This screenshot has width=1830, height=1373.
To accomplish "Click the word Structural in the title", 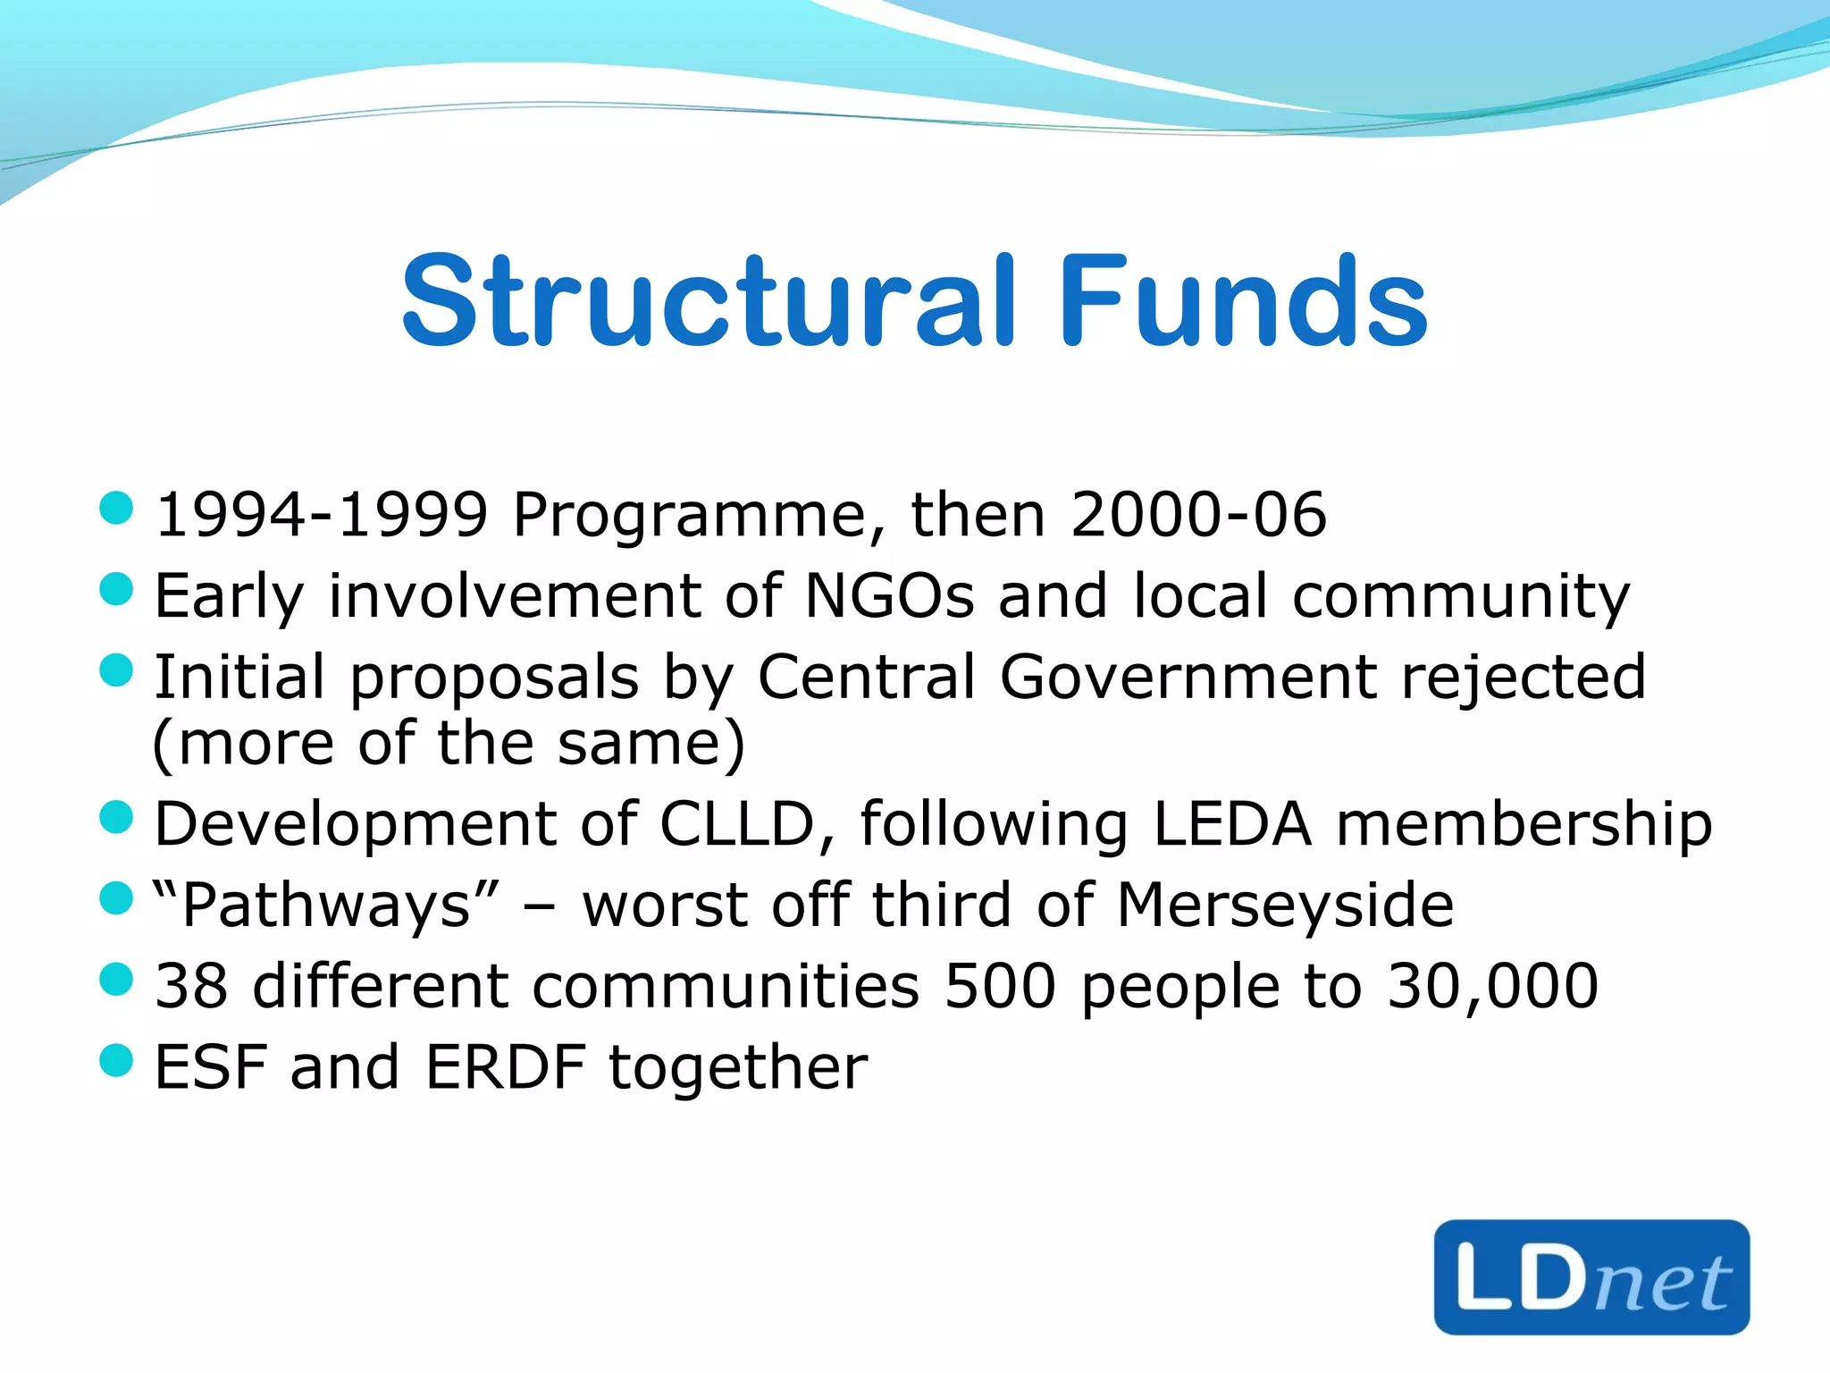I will point(709,301).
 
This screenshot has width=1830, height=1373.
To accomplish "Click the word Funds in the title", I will point(1243,301).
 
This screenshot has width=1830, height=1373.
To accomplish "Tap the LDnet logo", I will point(1591,1276).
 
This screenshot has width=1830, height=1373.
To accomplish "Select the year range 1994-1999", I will point(322,515).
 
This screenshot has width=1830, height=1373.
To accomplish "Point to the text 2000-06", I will point(1198,515).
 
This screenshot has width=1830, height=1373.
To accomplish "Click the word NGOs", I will point(889,595).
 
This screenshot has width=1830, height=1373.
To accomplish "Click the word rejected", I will point(1524,677).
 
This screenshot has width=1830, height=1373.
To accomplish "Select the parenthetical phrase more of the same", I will point(449,744).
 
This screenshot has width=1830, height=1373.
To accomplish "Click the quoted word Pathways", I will point(325,905).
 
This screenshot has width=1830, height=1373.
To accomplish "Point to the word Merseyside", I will point(1285,905).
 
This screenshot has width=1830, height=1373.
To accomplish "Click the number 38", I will point(191,986).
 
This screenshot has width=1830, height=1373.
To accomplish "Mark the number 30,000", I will point(1492,986).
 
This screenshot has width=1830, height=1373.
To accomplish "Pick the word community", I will point(1460,597).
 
